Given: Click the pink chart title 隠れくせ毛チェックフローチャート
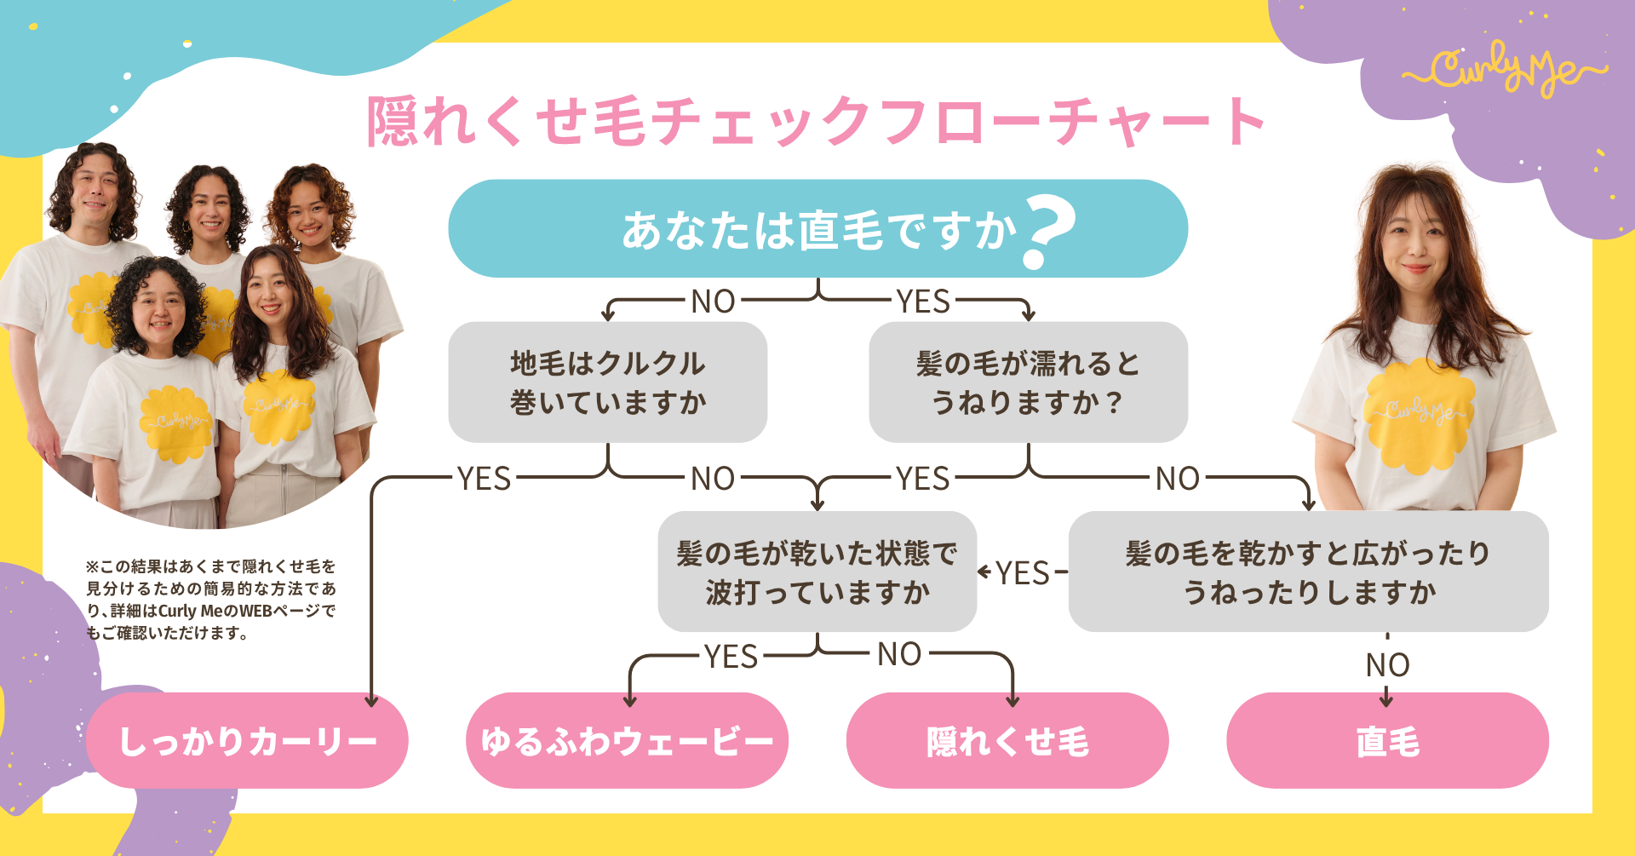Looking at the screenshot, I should [x=816, y=121].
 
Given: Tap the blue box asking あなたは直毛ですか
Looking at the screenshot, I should [x=817, y=228].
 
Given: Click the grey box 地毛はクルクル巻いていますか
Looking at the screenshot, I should [x=607, y=382].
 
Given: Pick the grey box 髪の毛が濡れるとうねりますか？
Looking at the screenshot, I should [x=1028, y=382].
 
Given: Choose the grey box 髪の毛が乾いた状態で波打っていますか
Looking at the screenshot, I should [x=817, y=572].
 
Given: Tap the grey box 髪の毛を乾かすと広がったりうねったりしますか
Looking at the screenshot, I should [x=1308, y=572].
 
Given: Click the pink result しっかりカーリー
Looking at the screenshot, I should [x=247, y=741].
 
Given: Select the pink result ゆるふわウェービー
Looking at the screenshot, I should [x=627, y=741].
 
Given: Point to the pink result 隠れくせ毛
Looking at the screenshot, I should [x=1007, y=741].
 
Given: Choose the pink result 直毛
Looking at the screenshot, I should [x=1387, y=741].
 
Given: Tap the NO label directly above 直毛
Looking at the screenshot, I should [x=1387, y=665].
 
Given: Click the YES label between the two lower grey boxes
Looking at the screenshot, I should [x=1023, y=573].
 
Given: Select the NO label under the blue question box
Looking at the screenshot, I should [x=713, y=302].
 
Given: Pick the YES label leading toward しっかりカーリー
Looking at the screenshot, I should [x=484, y=479].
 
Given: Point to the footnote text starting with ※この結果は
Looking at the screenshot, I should [x=211, y=600].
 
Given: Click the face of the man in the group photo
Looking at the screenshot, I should [x=96, y=192].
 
